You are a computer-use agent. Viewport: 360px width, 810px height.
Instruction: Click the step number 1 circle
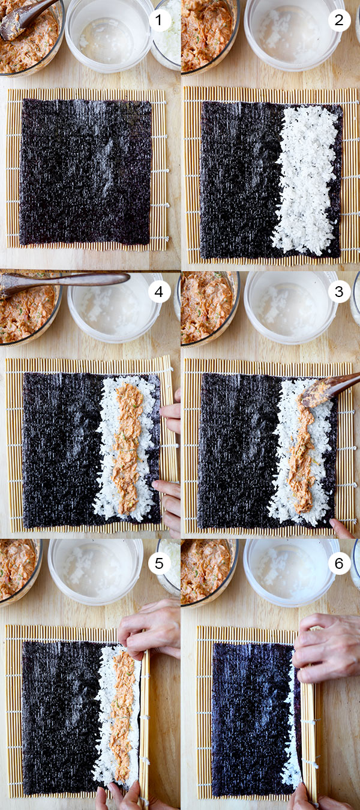click(160, 20)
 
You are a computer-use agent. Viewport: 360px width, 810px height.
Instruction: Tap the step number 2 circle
click(339, 20)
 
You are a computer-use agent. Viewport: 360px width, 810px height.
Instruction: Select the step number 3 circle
click(339, 292)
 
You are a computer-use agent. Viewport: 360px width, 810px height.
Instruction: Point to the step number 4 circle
click(159, 292)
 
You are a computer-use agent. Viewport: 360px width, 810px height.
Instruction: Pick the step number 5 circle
click(159, 563)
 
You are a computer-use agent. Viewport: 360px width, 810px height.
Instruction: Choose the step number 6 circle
click(339, 563)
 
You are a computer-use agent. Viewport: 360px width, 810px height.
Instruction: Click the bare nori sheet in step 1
click(85, 172)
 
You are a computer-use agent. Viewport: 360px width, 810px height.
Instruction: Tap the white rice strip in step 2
click(306, 180)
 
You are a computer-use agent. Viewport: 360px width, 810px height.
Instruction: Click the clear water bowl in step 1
click(109, 35)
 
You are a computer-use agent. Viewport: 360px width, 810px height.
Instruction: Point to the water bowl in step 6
click(292, 572)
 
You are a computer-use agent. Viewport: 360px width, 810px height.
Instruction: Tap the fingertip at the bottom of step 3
click(340, 528)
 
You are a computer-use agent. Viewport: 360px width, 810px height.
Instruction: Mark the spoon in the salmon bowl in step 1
click(25, 19)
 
